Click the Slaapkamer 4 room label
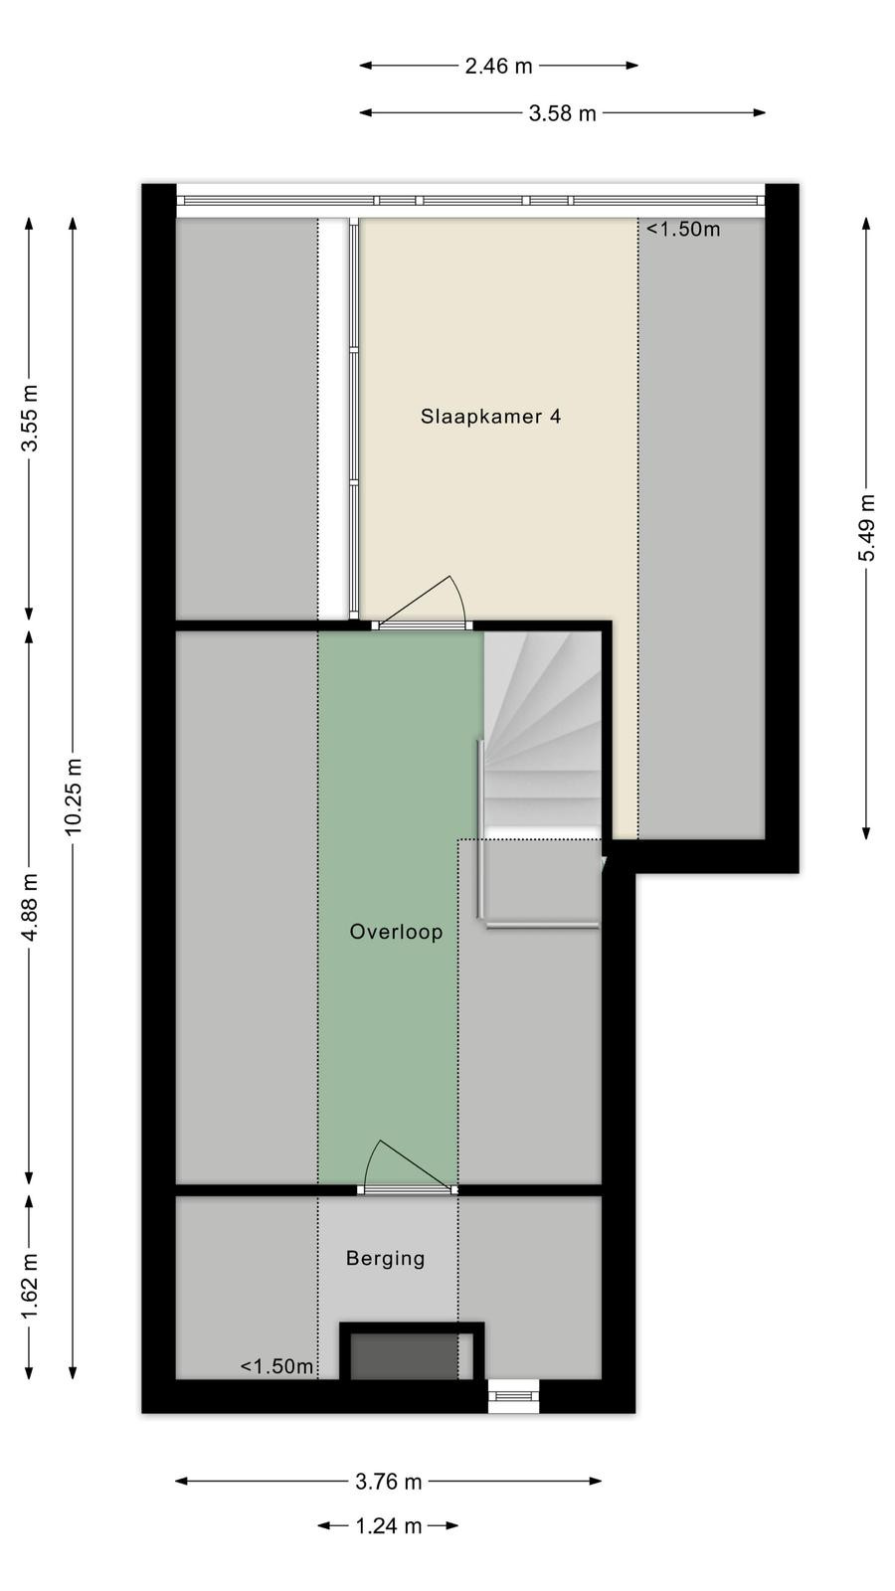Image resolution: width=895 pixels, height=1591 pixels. pyautogui.click(x=490, y=417)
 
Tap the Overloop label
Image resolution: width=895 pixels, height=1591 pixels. pyautogui.click(x=397, y=931)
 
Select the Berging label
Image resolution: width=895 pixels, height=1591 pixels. pyautogui.click(x=386, y=1259)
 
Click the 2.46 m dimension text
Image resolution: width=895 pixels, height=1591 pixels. pyautogui.click(x=498, y=66)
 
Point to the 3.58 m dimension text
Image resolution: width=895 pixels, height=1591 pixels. pyautogui.click(x=563, y=113)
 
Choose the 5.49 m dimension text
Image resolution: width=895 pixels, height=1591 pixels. pyautogui.click(x=866, y=527)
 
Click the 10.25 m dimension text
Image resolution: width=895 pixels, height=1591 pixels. pyautogui.click(x=74, y=796)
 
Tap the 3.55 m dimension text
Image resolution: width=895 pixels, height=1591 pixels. pyautogui.click(x=29, y=418)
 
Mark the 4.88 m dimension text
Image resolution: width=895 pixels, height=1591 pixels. pyautogui.click(x=29, y=907)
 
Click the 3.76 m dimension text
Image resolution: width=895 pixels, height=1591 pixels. pyautogui.click(x=389, y=1482)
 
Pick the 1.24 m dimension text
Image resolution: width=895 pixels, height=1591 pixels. pyautogui.click(x=389, y=1525)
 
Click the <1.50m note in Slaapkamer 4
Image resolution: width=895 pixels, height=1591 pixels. pyautogui.click(x=683, y=229)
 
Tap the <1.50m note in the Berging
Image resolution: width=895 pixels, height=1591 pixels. pyautogui.click(x=276, y=1366)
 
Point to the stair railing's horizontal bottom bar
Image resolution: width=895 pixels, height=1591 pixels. pyautogui.click(x=543, y=925)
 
